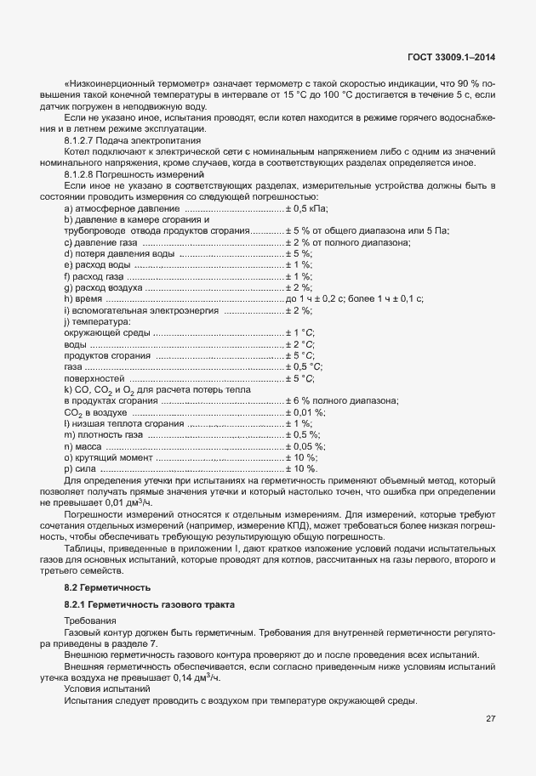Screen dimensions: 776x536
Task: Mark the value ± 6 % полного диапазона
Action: (x=341, y=400)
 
